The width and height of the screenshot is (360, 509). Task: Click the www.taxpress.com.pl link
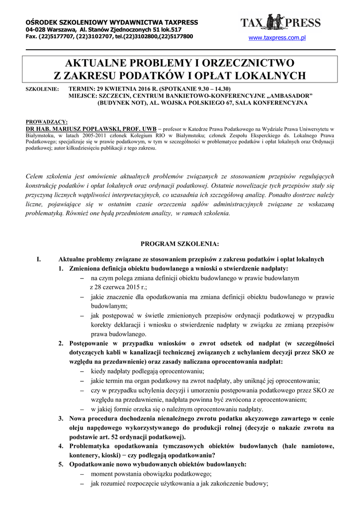click(x=276, y=38)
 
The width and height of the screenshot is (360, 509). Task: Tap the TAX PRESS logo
click(x=280, y=22)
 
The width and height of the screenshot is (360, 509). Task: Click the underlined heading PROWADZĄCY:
click(x=46, y=121)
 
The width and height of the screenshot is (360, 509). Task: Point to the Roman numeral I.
click(x=39, y=259)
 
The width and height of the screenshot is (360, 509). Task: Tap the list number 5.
click(x=61, y=464)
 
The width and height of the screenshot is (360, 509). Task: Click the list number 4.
click(x=61, y=446)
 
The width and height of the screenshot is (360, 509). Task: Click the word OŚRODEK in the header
click(x=41, y=22)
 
